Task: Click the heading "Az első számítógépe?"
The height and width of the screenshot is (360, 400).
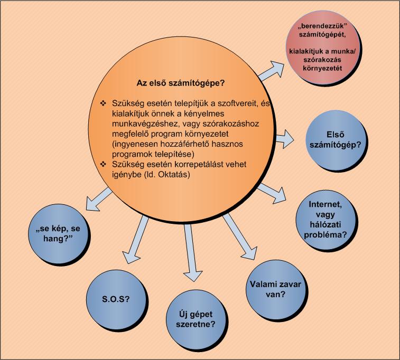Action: pos(181,83)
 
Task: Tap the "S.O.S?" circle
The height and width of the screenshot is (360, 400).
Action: pos(116,299)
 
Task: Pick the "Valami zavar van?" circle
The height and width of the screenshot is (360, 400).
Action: pos(276,289)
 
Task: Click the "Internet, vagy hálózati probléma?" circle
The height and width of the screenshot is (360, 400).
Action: pos(326,220)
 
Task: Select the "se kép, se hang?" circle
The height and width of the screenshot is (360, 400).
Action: pos(58,233)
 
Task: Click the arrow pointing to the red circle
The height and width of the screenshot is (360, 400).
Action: pos(271,71)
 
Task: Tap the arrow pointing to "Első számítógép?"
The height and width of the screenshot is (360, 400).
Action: pos(284,139)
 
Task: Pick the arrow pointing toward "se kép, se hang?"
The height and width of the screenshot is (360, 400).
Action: pos(98,199)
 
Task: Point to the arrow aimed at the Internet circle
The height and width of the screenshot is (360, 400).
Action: pos(272,193)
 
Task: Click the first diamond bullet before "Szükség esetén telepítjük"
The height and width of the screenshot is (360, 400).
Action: pos(103,103)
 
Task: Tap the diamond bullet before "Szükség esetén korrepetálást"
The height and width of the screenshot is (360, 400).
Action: pos(103,164)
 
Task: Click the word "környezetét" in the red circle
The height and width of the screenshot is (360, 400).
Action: pos(322,68)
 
